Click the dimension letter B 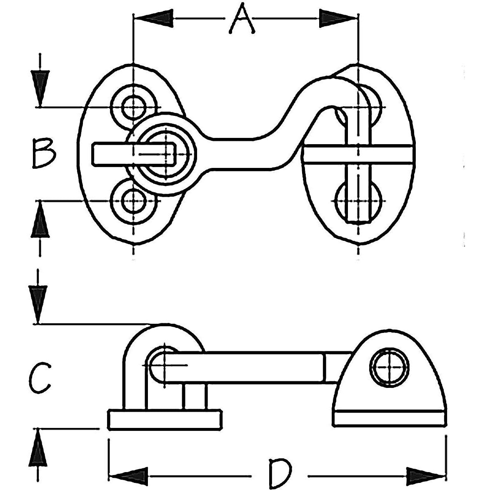coord(44,153)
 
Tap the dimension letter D coord(279,463)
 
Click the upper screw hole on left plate coord(133,107)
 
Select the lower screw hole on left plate coord(133,201)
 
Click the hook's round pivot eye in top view coord(165,153)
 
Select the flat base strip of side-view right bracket coord(390,418)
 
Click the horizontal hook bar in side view coord(250,367)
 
